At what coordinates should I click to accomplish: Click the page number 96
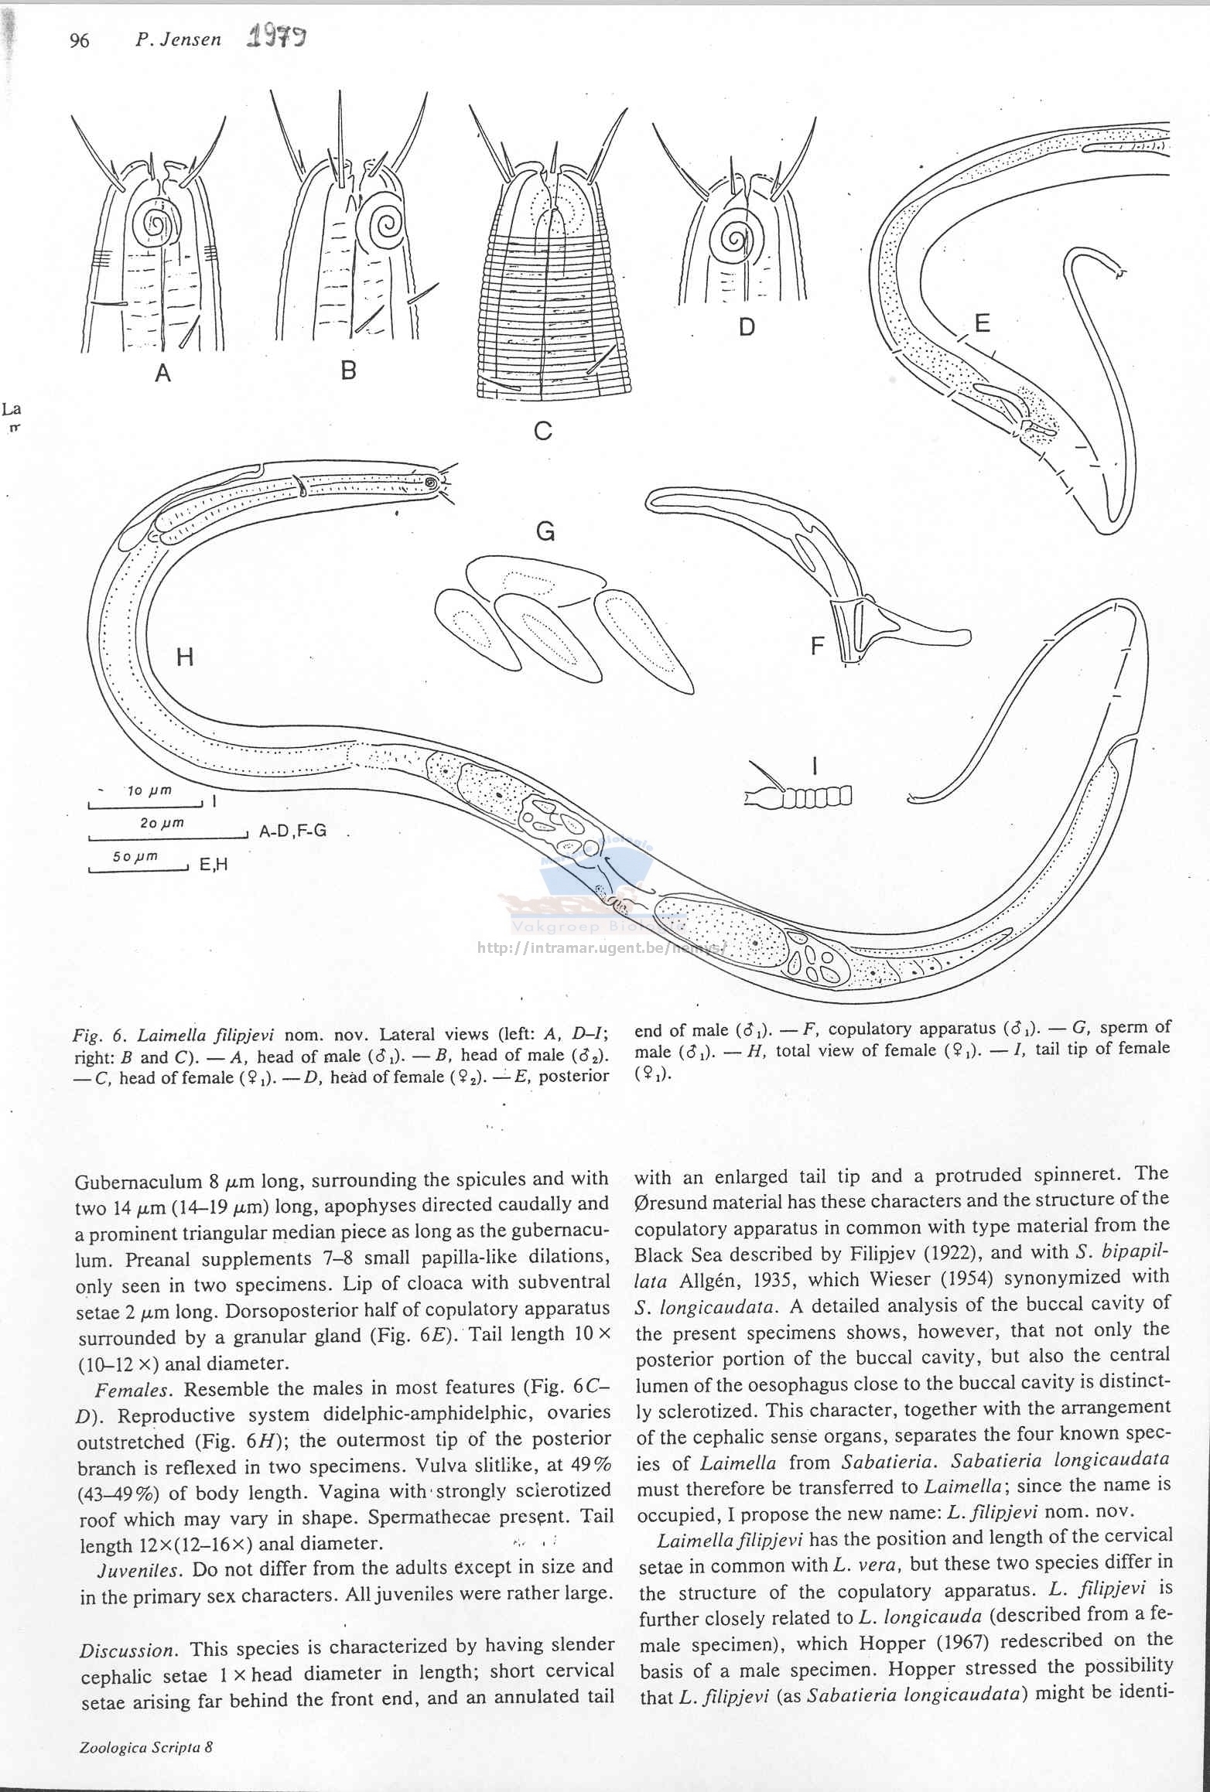tap(80, 41)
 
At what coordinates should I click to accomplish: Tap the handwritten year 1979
tap(275, 37)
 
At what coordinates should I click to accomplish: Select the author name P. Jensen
tap(178, 40)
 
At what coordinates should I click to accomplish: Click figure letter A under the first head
tap(162, 374)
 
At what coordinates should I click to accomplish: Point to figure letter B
tap(349, 370)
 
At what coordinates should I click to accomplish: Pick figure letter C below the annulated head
tap(543, 431)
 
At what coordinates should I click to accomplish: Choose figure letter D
tap(747, 327)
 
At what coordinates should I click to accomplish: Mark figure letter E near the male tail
tap(982, 323)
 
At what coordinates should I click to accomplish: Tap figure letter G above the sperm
tap(545, 531)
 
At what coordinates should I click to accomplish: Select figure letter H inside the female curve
tap(185, 657)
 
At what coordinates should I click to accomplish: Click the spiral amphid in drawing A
tap(156, 224)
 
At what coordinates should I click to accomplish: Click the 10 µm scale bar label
tap(149, 790)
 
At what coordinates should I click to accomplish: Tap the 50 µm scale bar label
tap(135, 856)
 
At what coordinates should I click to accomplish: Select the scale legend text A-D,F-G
tap(292, 831)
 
